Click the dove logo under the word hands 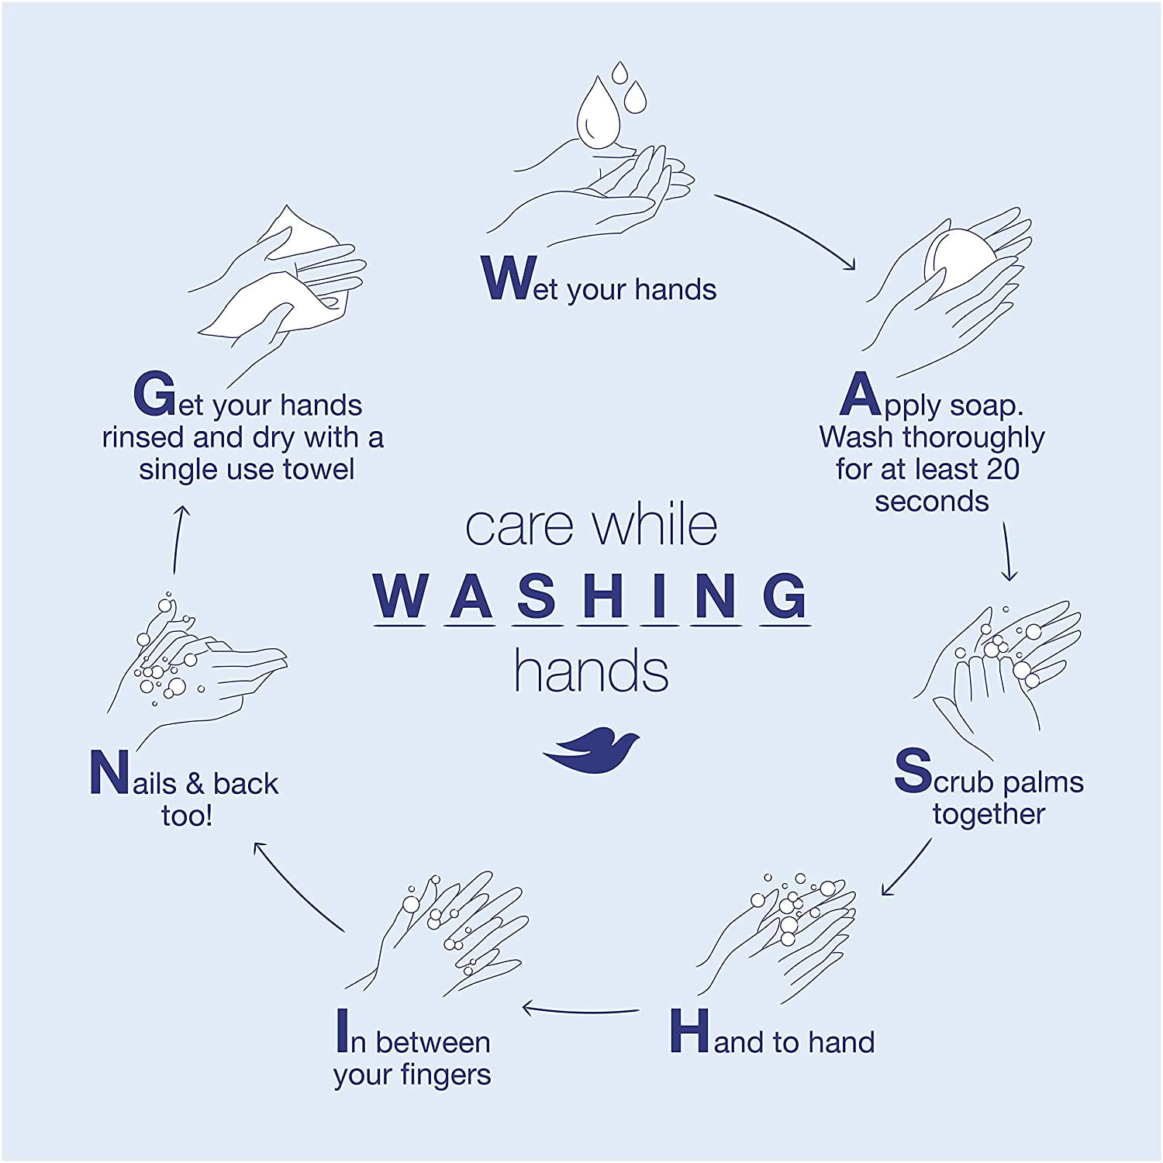pyautogui.click(x=591, y=750)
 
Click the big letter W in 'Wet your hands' pyautogui.click(x=509, y=278)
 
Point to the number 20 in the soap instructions pyautogui.click(x=1003, y=469)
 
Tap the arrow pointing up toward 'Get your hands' pyautogui.click(x=179, y=540)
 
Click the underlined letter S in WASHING pyautogui.click(x=536, y=596)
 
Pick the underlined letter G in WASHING pyautogui.click(x=785, y=596)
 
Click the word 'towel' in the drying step pyautogui.click(x=319, y=469)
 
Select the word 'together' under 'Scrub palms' pyautogui.click(x=989, y=815)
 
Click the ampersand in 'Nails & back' pyautogui.click(x=195, y=784)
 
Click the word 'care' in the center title pyautogui.click(x=519, y=527)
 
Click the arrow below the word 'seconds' pyautogui.click(x=1008, y=551)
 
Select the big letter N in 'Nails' pyautogui.click(x=109, y=772)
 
